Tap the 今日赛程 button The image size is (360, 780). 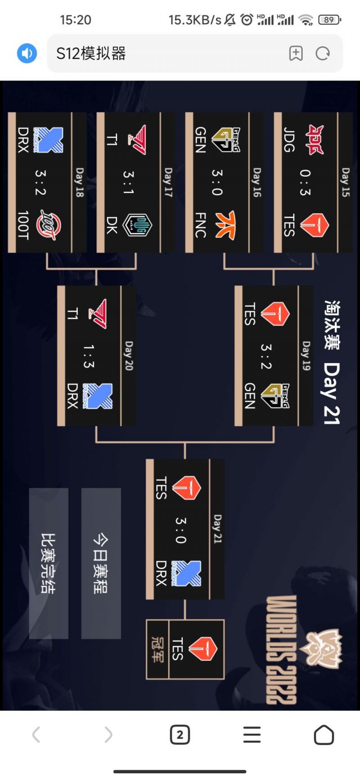point(101,563)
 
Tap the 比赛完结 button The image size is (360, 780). point(49,563)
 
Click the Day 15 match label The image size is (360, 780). point(345,182)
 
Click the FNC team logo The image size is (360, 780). point(225,225)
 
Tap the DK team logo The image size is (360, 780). point(137,225)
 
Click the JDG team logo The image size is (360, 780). point(313,140)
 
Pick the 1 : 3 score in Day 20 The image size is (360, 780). point(88,356)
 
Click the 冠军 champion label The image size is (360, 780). point(158,649)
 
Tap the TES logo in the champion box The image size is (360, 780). point(202,649)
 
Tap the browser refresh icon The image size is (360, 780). point(323,53)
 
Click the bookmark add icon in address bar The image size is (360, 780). point(296,53)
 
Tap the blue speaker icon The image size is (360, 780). point(26,53)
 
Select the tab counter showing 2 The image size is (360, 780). point(179,734)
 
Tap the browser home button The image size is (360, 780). point(323,734)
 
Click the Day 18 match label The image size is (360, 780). point(79,182)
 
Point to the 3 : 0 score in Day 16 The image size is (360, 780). point(217,182)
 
